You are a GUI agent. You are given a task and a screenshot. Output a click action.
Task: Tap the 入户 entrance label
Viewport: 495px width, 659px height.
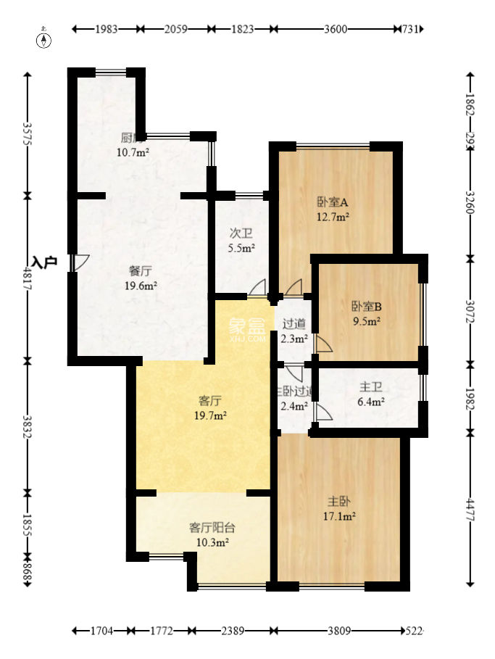44,262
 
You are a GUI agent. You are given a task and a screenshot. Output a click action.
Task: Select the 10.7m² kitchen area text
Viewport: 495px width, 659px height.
133,152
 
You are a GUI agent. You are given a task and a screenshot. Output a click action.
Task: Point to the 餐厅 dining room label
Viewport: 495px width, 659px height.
141,270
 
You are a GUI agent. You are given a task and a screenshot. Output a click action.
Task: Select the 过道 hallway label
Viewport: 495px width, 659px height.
294,323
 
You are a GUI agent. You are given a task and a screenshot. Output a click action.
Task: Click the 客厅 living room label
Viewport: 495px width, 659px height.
209,399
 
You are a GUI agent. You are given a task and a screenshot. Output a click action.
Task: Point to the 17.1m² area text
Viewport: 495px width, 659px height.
339,516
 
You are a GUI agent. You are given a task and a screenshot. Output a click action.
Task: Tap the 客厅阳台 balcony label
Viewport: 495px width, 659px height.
209,527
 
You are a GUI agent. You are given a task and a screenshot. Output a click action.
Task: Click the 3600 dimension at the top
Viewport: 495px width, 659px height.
336,29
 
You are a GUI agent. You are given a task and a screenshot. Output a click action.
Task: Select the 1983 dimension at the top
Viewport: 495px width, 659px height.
107,29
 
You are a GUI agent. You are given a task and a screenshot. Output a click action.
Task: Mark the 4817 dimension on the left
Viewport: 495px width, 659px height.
28,278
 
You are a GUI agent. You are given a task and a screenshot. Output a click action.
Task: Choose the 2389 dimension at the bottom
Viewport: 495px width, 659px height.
232,631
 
